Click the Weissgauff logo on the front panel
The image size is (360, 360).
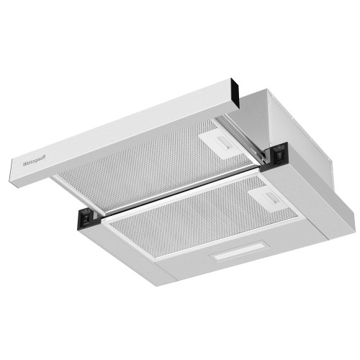34,163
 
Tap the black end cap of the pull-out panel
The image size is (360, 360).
235,93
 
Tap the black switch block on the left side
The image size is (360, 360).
86,217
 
